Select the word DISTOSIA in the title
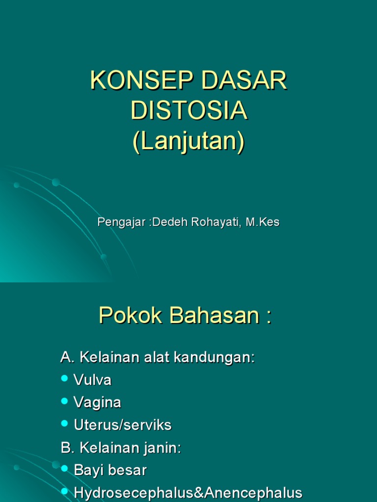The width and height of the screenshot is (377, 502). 189,111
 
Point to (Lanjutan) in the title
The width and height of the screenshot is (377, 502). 189,142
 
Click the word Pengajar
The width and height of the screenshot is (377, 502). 121,222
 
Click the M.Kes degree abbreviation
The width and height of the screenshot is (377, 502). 263,222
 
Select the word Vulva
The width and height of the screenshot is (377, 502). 92,380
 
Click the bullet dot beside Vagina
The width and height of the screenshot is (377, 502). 65,401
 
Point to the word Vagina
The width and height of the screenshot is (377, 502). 97,402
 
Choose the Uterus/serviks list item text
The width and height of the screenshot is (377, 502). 123,425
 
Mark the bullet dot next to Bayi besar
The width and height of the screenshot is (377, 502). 65,469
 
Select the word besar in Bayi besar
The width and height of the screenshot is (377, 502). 129,471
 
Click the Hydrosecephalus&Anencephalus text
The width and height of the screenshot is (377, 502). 188,493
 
